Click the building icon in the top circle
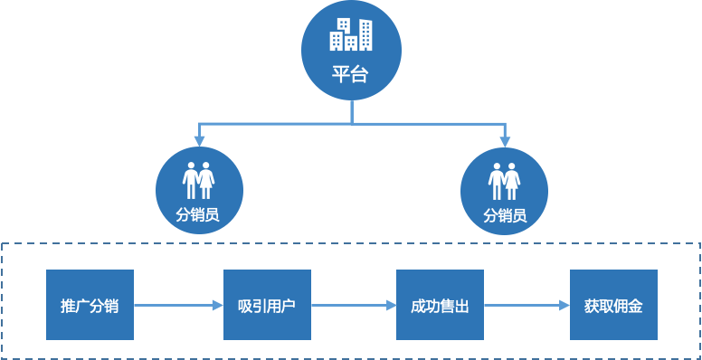[x=350, y=34]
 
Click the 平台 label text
[x=350, y=75]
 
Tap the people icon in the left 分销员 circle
[x=198, y=181]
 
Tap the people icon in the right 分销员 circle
[x=505, y=181]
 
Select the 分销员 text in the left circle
[x=198, y=216]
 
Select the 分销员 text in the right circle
[x=505, y=216]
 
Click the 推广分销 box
[x=90, y=305]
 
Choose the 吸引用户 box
[x=267, y=305]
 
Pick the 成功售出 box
[x=441, y=305]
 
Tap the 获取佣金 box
[x=613, y=305]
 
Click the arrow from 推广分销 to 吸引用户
[x=178, y=306]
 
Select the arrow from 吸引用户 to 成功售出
[x=353, y=306]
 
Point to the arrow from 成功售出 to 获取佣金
[x=526, y=306]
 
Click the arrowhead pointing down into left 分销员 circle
[x=199, y=141]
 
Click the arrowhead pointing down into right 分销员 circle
[x=505, y=141]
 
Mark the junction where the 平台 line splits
[x=351, y=122]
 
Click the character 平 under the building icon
[x=341, y=75]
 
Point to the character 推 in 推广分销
[x=68, y=306]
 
